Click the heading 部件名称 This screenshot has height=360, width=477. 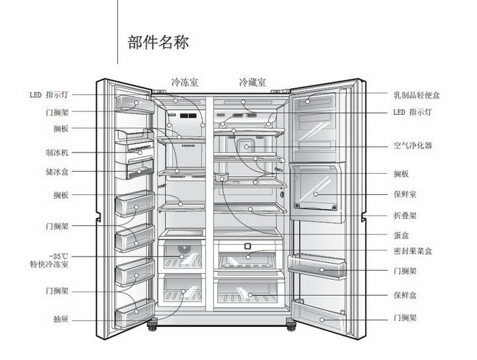coord(158,42)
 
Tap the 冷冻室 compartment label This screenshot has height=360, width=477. coord(185,83)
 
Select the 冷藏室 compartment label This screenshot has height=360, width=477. coord(252,83)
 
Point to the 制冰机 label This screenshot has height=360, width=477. coord(57,152)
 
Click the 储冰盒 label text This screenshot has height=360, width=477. coord(57,172)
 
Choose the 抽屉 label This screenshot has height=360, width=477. coord(61,320)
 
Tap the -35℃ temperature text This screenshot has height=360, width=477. coord(59,256)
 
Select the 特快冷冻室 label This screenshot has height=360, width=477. coord(50,265)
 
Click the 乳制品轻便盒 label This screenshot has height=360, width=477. coord(417,95)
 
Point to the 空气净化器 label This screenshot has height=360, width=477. coord(413,145)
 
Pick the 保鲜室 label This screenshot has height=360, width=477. coord(405,194)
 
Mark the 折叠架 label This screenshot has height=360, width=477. coord(405,216)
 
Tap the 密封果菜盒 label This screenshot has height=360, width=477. coord(413,251)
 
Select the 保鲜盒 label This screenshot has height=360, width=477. coord(405,294)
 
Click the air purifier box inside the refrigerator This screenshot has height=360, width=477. coord(246,147)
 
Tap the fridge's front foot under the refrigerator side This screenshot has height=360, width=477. coord(289,326)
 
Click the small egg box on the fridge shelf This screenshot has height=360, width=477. coord(221,177)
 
